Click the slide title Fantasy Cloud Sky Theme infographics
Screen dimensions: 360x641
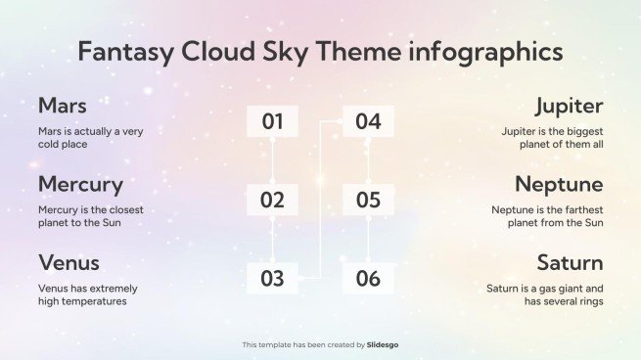tap(320, 52)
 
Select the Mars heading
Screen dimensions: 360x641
tap(62, 106)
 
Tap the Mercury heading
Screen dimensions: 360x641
tap(80, 184)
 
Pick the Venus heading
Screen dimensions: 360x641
tap(69, 262)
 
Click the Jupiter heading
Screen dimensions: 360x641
tap(569, 106)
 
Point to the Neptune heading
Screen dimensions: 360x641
tap(559, 184)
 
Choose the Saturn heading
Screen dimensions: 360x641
tap(570, 262)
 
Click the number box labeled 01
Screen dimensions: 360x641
tap(272, 122)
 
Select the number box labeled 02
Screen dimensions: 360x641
tap(272, 201)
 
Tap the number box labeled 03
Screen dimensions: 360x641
tap(272, 279)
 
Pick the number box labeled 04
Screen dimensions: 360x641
tap(368, 122)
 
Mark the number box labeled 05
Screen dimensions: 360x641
tap(368, 201)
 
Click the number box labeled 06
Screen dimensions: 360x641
tap(368, 279)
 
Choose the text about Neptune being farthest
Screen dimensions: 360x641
tap(547, 215)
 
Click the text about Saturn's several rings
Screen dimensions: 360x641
tap(545, 294)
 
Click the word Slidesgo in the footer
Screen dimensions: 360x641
tap(383, 344)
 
